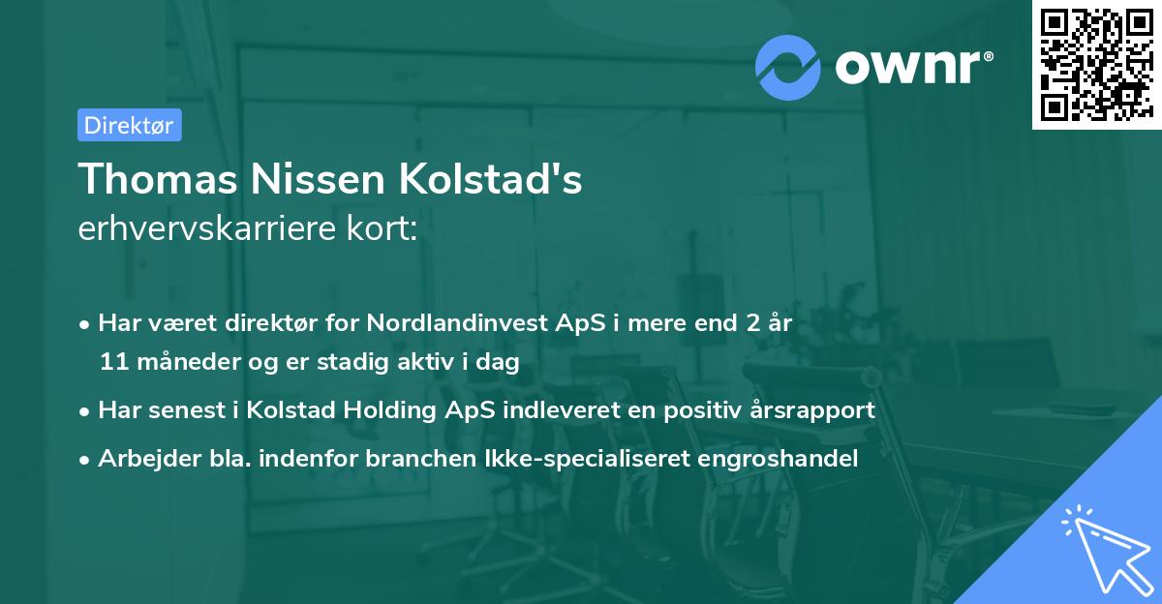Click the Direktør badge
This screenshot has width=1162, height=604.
(129, 125)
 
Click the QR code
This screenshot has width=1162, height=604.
(1095, 65)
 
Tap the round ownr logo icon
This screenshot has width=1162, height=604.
(786, 66)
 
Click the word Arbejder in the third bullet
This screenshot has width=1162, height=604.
(140, 459)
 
